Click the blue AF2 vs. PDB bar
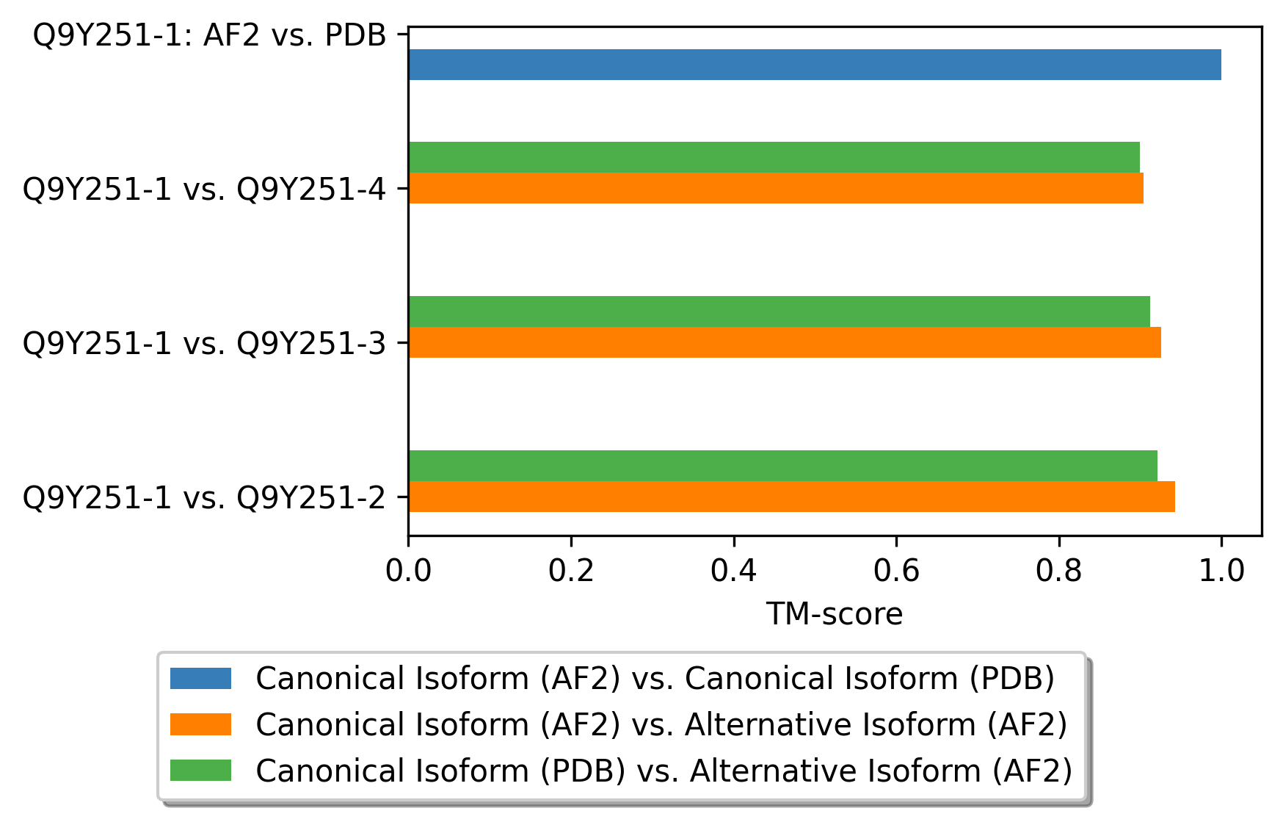(x=815, y=65)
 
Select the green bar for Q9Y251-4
(x=774, y=157)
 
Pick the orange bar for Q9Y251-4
(x=776, y=188)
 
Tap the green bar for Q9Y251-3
(x=779, y=311)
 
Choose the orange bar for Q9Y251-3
(x=785, y=342)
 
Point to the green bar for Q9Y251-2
(x=783, y=466)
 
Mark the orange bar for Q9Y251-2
(x=792, y=497)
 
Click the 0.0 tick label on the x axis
(x=408, y=571)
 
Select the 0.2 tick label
(x=571, y=571)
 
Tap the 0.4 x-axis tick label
(x=734, y=571)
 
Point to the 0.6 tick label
(x=896, y=571)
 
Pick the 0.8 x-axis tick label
(x=1059, y=571)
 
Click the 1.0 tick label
(x=1221, y=571)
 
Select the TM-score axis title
(x=835, y=614)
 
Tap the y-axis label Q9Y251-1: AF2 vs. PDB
(x=210, y=35)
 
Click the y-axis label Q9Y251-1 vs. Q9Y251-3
(x=205, y=343)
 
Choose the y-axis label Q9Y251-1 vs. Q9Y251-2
(x=205, y=497)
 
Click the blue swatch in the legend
(x=200, y=678)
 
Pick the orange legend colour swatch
(x=200, y=724)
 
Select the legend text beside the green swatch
(x=664, y=771)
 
